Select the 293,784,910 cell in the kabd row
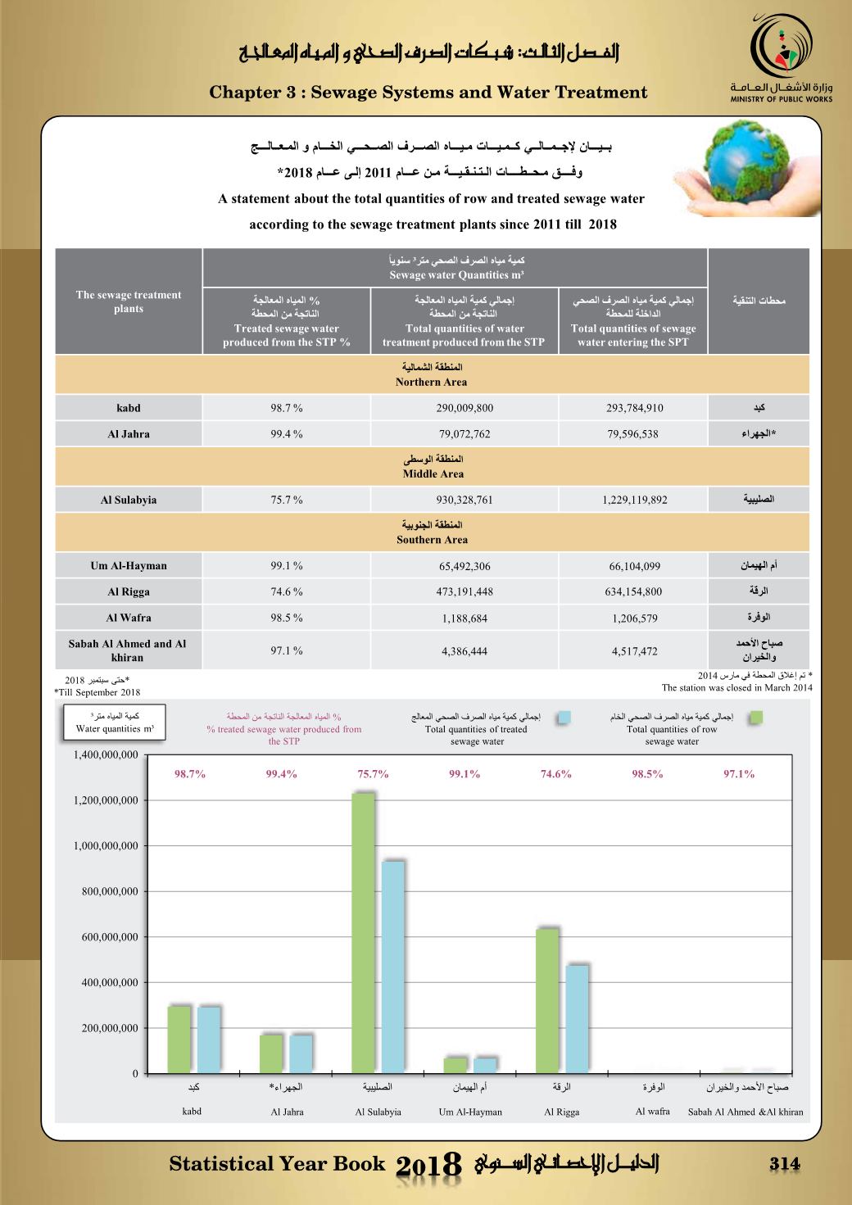[x=635, y=408]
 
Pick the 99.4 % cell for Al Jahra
[x=287, y=434]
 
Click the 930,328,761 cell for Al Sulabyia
[x=465, y=501]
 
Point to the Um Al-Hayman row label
[x=129, y=566]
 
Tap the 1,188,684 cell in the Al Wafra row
[x=465, y=618]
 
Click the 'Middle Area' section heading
[x=433, y=473]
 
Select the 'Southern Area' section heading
[x=432, y=540]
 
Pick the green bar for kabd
[x=179, y=1039]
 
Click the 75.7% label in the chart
[x=373, y=774]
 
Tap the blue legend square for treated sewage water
[x=563, y=718]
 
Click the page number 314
[x=784, y=1164]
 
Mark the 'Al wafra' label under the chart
[x=653, y=1112]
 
